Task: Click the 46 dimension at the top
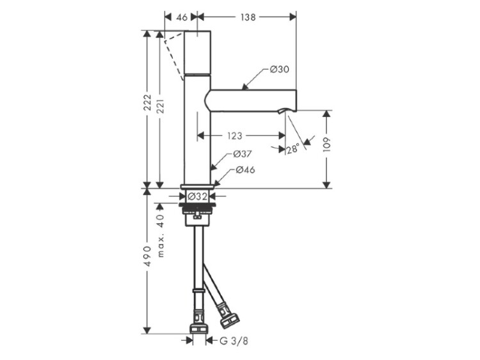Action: click(182, 17)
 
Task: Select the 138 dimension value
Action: click(248, 17)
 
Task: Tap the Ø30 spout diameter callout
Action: click(279, 70)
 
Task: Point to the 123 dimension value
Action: click(234, 136)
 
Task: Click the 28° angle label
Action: click(292, 149)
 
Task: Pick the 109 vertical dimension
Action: click(326, 145)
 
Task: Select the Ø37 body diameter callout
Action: click(242, 154)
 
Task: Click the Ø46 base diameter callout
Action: click(245, 169)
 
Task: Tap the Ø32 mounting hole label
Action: click(198, 196)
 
